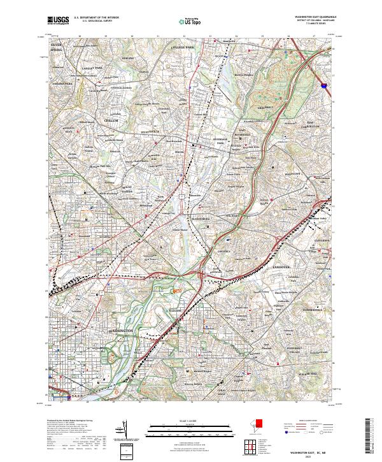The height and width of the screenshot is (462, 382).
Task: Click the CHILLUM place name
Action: tap(111, 120)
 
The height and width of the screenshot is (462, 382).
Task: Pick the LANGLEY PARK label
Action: tap(94, 66)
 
